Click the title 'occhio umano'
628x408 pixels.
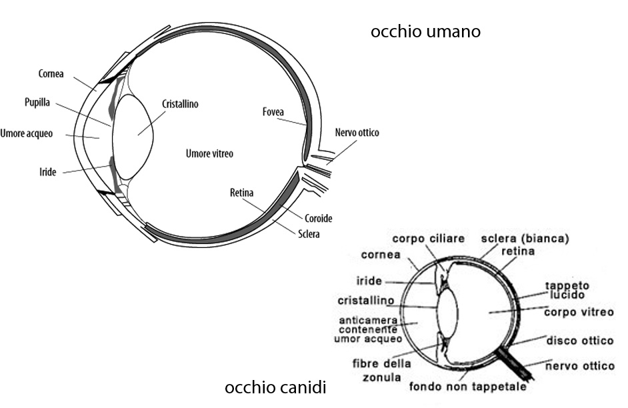[x=425, y=31]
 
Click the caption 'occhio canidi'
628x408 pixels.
[x=275, y=387]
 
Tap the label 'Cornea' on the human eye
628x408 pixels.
[x=51, y=74]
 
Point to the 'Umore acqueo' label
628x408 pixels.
[x=27, y=133]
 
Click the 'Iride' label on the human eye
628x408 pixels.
[x=48, y=172]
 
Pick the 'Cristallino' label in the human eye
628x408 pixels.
[x=180, y=104]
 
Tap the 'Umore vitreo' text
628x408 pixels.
[x=209, y=154]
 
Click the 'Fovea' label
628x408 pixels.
[x=273, y=112]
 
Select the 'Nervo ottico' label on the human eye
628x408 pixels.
[x=357, y=133]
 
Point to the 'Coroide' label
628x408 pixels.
[x=318, y=218]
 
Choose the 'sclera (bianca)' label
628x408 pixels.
[x=525, y=239]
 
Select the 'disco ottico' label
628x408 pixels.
[x=579, y=341]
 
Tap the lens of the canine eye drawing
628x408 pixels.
[x=448, y=313]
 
